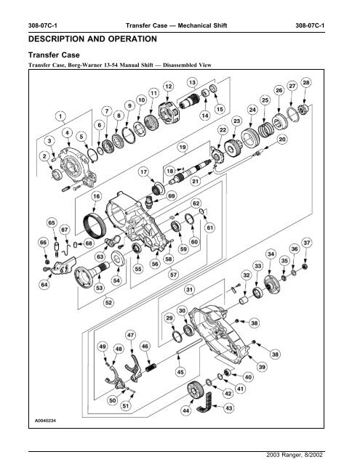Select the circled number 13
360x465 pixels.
coord(192,82)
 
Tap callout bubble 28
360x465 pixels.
coord(305,84)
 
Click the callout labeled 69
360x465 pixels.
coord(171,196)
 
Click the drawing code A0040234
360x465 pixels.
coord(43,419)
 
